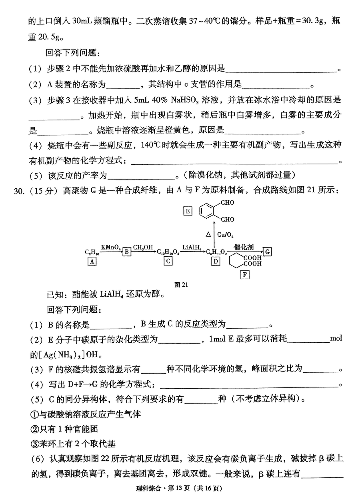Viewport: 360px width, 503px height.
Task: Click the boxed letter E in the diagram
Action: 188,211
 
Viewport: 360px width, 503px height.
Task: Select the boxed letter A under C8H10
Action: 92,261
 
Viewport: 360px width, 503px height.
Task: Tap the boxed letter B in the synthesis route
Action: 127,252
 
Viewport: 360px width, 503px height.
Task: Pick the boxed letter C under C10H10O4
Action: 168,261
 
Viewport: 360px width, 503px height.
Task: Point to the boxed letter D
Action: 216,261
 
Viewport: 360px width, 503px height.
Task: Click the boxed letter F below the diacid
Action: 245,275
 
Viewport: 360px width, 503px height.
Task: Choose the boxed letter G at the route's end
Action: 267,251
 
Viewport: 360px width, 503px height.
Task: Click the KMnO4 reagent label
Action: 111,248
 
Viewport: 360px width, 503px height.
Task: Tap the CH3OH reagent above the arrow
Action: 143,248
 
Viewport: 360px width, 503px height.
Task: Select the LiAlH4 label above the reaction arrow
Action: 192,248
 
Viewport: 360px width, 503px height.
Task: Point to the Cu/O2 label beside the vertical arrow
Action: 225,235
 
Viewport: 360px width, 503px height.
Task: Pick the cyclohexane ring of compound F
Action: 236,260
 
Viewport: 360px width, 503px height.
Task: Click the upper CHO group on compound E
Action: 227,203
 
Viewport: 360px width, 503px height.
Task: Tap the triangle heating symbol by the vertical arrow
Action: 208,234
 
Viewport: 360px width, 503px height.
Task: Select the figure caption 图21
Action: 181,285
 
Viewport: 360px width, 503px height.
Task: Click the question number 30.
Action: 19,191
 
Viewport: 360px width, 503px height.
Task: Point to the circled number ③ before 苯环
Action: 34,444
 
